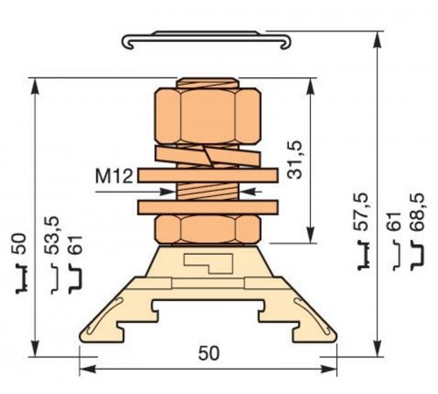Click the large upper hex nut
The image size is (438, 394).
tap(208, 114)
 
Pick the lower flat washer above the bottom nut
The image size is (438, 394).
tap(208, 208)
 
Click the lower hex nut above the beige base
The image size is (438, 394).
tap(208, 230)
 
